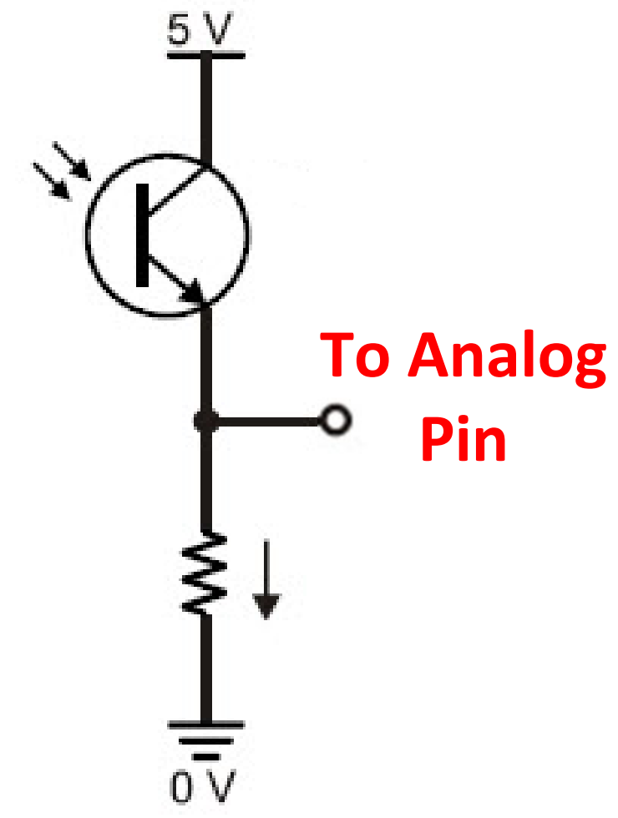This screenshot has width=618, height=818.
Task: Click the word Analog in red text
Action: coord(509,355)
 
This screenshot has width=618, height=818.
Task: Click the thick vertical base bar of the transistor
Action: coord(143,235)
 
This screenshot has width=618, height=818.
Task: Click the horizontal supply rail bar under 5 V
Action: coord(205,56)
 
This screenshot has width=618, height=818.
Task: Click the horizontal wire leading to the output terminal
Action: coord(267,421)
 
